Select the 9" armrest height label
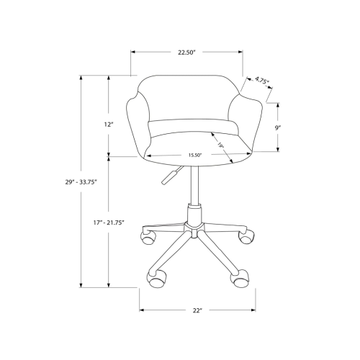coord(277,127)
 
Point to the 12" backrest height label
coord(109,124)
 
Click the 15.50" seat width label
coord(195,155)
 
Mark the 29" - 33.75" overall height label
coord(80,183)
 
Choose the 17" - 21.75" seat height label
coord(109,222)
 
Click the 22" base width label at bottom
coord(197,310)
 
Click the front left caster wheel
coord(154,276)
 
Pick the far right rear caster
coord(248,234)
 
